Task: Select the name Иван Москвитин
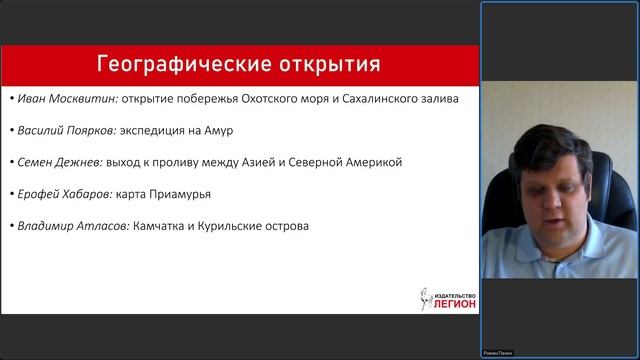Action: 61,99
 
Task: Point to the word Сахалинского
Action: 378,99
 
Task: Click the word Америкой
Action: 373,162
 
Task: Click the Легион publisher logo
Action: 447,298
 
